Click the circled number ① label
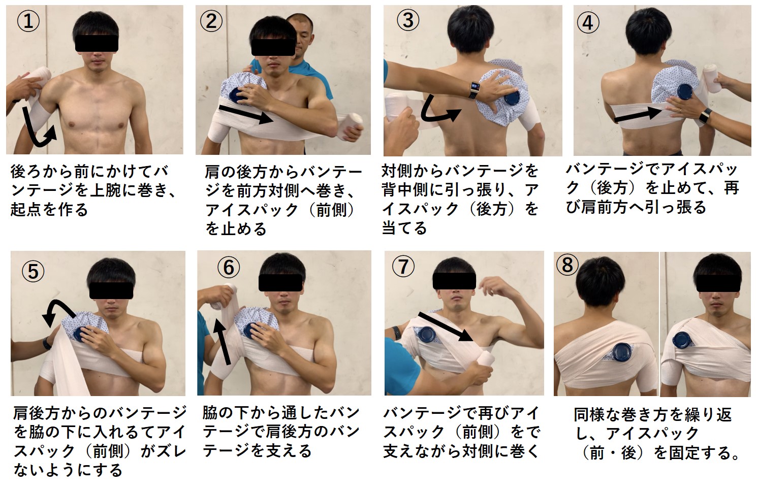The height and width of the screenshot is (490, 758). point(28,21)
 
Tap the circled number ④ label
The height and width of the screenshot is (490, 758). point(588,22)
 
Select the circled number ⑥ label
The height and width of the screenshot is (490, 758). point(229,267)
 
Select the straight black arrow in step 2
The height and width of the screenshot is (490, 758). point(246,114)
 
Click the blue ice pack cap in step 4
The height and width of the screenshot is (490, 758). point(684,93)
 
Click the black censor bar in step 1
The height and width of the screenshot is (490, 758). point(97,43)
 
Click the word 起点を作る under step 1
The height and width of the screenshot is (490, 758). point(49,210)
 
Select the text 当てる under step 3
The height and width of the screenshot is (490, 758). point(404,228)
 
